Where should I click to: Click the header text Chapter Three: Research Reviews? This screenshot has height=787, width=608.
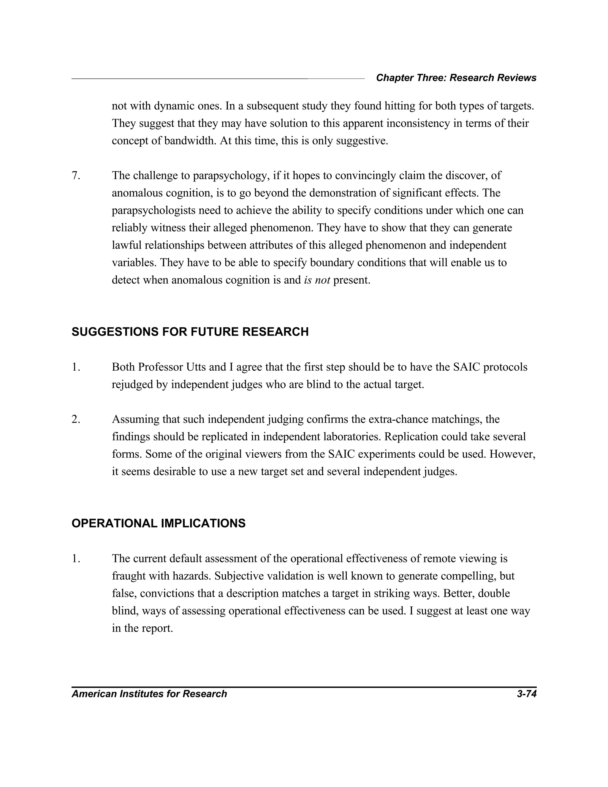[456, 78]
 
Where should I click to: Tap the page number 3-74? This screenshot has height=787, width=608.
[527, 694]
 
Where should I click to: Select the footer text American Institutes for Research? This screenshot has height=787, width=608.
[149, 694]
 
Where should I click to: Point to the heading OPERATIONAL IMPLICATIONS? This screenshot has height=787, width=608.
[159, 523]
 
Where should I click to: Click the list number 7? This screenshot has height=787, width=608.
[76, 176]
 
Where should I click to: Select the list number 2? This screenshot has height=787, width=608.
[76, 419]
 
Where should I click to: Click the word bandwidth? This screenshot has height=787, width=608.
[190, 140]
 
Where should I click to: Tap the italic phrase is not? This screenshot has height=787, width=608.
[317, 280]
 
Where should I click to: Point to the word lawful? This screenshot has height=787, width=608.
[127, 245]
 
